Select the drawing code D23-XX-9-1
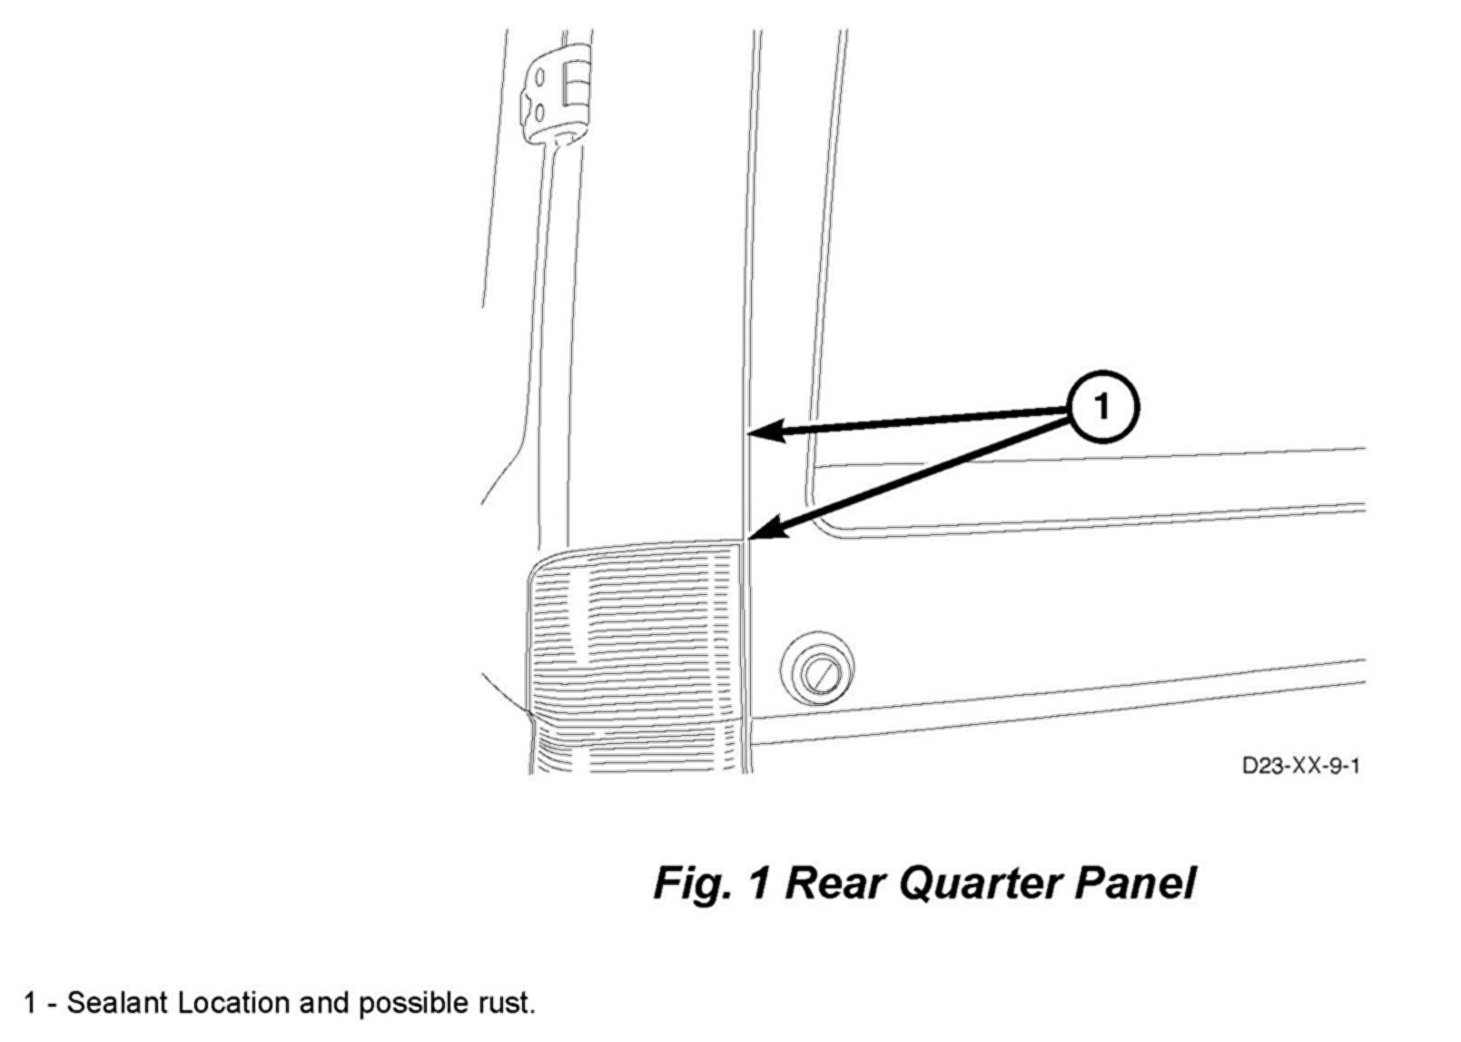pos(1300,766)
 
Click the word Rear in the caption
pos(835,883)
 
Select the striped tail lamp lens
pos(636,636)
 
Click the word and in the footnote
pos(325,1003)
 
